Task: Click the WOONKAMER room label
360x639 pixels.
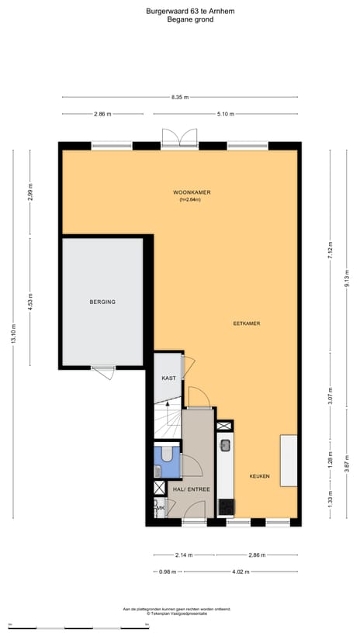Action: coord(192,192)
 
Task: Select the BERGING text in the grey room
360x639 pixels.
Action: coord(102,302)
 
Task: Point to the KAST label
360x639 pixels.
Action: coord(168,378)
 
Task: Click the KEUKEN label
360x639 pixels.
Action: coord(259,476)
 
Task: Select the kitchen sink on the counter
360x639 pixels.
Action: coord(225,446)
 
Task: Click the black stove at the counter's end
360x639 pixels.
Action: coord(225,507)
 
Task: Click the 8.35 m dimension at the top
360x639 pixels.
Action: coord(179,98)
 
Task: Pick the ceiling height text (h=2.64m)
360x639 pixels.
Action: coord(190,200)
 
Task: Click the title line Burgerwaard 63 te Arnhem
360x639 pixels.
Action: coord(179,11)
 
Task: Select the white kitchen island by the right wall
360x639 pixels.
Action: coord(288,461)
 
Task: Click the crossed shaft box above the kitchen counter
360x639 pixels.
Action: coord(224,426)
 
